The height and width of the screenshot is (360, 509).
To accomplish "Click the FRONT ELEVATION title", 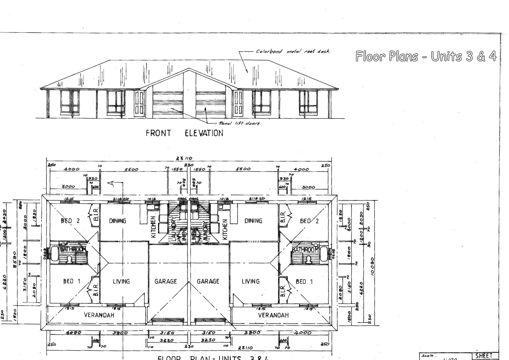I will point(184,133).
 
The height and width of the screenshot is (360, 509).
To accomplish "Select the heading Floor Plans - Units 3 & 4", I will point(426,56).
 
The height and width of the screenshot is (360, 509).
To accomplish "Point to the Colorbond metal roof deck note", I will point(293,52).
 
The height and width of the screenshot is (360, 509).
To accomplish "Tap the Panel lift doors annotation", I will point(239,123).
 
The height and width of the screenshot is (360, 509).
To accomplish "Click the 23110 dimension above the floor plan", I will point(184,158).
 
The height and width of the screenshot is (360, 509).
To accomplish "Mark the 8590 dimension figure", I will point(15,260).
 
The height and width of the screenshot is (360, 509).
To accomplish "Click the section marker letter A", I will point(111,183).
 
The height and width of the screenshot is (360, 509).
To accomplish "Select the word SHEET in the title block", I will point(484,356).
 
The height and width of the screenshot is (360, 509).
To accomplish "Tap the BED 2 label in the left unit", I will point(70,221).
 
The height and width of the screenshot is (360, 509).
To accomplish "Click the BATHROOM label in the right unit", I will point(305,250).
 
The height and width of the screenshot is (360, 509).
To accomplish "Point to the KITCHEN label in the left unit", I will point(153,227).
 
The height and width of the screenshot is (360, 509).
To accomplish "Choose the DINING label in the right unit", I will point(253,221).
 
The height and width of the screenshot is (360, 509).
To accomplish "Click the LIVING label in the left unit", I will point(121,281).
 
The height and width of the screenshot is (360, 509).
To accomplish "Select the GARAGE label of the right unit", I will point(208,281).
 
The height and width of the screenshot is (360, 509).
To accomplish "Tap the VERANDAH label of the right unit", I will point(273,315).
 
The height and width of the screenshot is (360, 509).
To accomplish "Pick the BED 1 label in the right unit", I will point(304,281).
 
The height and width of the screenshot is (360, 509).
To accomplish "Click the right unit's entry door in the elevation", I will point(238,103).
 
